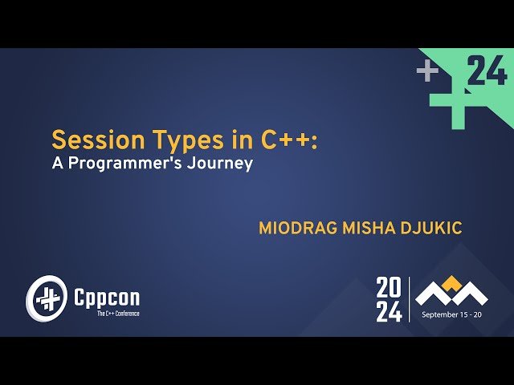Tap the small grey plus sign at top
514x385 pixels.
[x=427, y=72]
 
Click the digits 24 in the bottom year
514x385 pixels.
[x=390, y=312]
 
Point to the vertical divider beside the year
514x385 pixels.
[x=410, y=299]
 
